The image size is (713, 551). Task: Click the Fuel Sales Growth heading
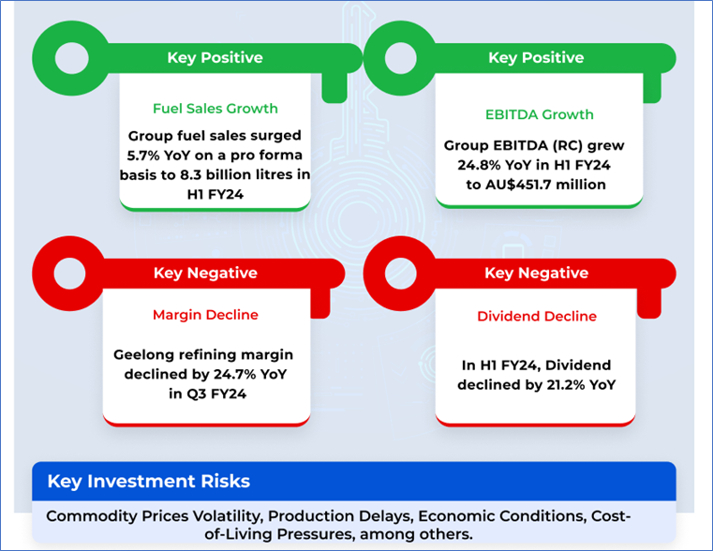(215, 109)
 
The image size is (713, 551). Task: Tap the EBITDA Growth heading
(540, 114)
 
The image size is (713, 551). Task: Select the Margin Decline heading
(205, 315)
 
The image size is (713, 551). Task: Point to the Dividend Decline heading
(537, 317)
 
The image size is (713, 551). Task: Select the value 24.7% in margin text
(233, 374)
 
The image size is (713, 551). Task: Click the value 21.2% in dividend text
(566, 385)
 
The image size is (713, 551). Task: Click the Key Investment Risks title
(149, 481)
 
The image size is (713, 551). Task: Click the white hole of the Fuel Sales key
(72, 58)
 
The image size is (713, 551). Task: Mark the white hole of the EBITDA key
(401, 58)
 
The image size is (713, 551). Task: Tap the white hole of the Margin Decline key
(69, 274)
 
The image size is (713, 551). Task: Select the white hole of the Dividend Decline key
(401, 274)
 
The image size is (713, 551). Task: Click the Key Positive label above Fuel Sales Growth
(215, 58)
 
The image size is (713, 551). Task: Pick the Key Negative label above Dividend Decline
(537, 273)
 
